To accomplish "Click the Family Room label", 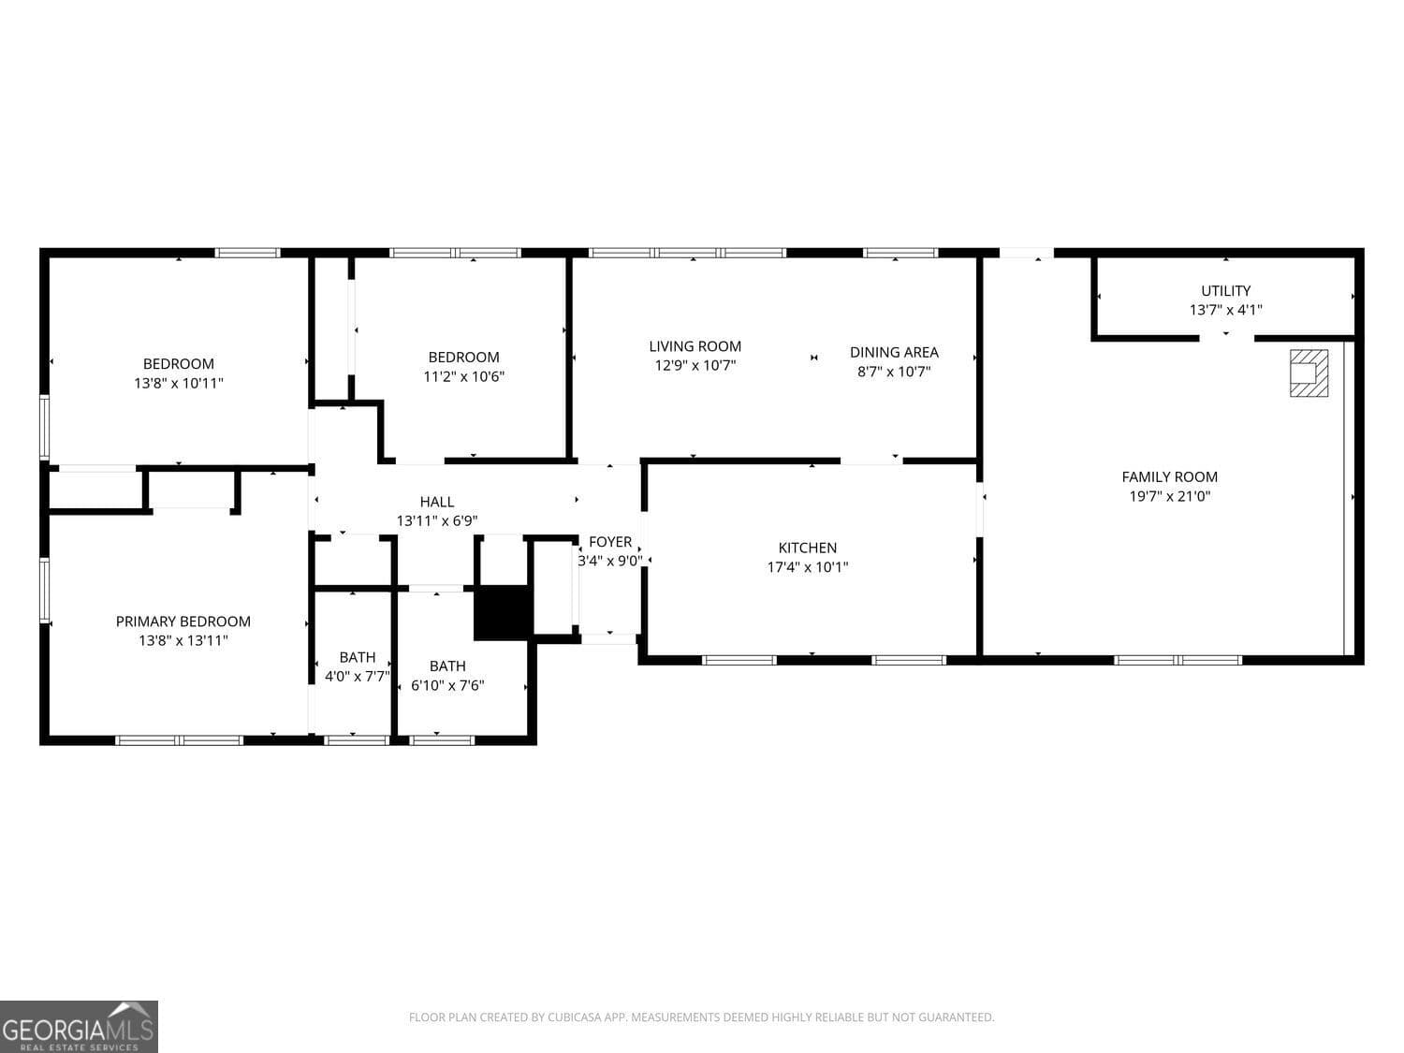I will point(1169,477).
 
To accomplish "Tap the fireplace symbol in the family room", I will point(1309,373).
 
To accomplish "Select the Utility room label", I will point(1225,291).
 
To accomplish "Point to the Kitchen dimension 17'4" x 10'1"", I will point(808,567).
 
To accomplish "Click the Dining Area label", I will point(894,353).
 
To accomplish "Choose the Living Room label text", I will point(695,346).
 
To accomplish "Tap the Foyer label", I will point(610,542).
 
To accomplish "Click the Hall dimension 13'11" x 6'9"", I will point(437,521).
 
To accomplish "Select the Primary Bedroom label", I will point(183,622).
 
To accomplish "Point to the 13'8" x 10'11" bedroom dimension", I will point(179,384).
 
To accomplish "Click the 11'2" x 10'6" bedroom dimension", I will point(463,377).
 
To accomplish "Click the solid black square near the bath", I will point(503,613).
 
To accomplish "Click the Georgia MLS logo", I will point(79,1027).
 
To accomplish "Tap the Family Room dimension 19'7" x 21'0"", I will point(1169,497).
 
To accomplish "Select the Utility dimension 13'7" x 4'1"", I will point(1225,310).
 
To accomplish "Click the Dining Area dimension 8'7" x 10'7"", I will point(894,372).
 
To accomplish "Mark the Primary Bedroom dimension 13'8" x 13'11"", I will point(183,641).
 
